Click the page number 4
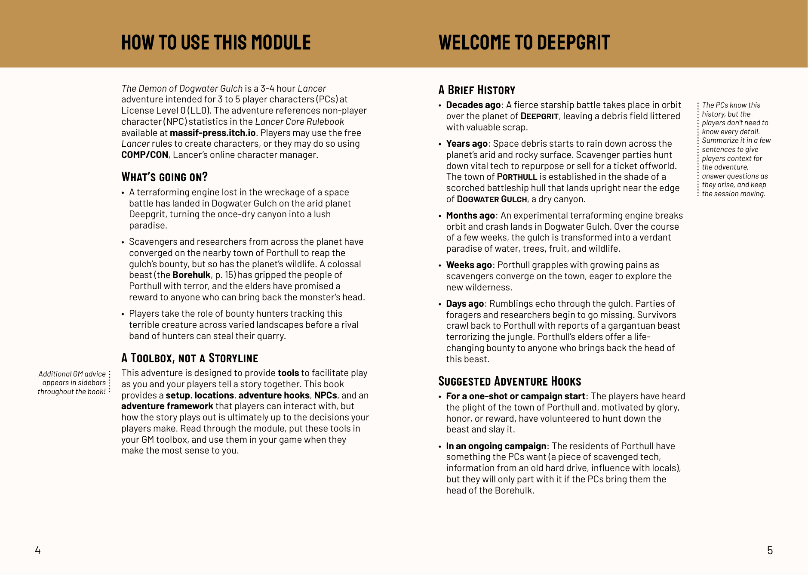click(38, 550)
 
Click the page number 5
click(770, 550)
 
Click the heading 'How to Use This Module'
click(216, 43)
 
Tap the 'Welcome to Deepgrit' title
click(524, 43)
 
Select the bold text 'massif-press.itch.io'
click(212, 133)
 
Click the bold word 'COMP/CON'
click(144, 155)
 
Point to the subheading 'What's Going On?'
click(164, 177)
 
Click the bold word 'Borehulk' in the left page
click(191, 275)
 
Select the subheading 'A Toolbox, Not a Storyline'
click(190, 358)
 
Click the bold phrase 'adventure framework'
click(167, 406)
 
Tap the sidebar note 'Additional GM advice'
click(72, 374)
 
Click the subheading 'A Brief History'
click(476, 90)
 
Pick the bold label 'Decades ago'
click(473, 105)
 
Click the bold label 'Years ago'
click(467, 144)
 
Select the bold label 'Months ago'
click(470, 216)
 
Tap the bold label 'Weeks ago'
click(469, 265)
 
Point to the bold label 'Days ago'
click(465, 304)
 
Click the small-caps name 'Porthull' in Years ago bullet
click(517, 177)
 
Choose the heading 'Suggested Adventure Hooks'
click(510, 381)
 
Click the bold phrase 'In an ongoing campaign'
click(496, 446)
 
